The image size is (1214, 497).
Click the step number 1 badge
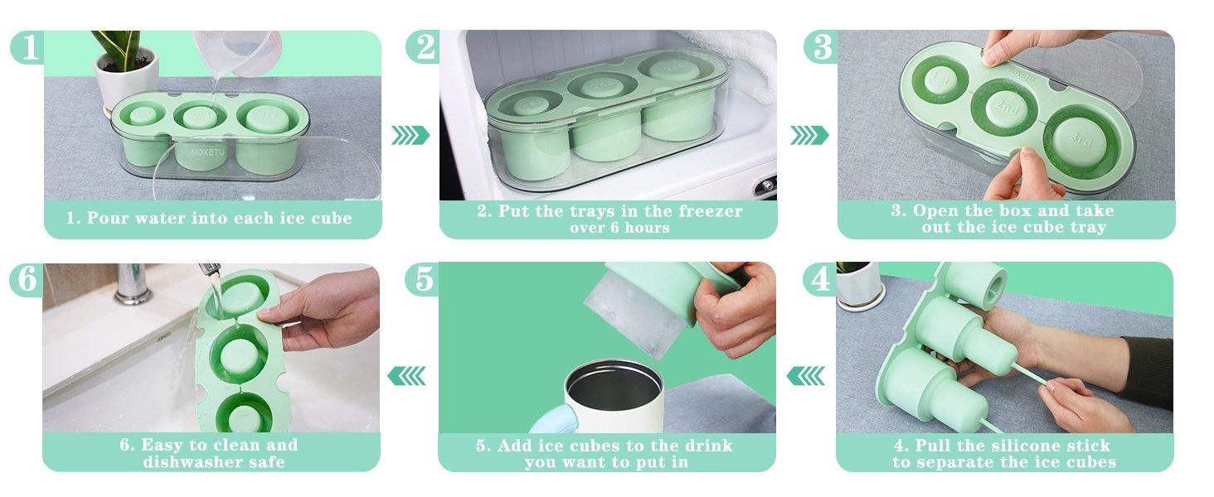coord(27,48)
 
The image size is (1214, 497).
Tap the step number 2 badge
coord(423,48)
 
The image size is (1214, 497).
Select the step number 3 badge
coord(821,48)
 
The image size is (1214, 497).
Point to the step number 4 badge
coord(820,281)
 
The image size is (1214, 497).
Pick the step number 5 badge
coord(423,281)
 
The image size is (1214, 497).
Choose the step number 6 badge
coord(27,281)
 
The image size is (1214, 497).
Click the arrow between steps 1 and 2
coord(410,135)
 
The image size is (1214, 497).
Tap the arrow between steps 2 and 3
coord(809,135)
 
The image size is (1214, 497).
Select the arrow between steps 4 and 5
coord(805,376)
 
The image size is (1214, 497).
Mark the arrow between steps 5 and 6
coord(407,376)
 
